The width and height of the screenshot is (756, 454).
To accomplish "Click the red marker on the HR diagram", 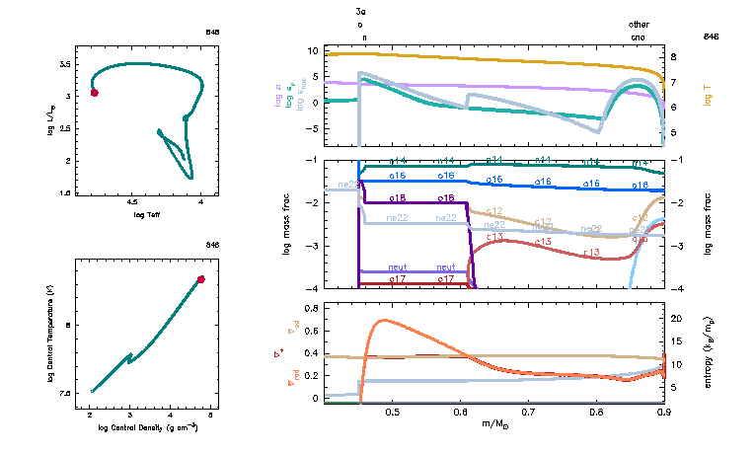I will point(94,93).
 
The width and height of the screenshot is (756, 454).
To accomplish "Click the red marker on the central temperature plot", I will point(200,279).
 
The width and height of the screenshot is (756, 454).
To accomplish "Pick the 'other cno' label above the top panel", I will point(641,30).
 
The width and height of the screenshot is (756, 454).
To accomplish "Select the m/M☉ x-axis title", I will point(494,423).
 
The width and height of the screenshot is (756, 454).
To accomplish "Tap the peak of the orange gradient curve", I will point(382,320).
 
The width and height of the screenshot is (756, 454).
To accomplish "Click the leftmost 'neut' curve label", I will point(398,267).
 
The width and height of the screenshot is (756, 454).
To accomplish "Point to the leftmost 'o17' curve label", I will point(398,280).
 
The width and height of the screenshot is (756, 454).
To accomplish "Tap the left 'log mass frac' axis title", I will point(286,225).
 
